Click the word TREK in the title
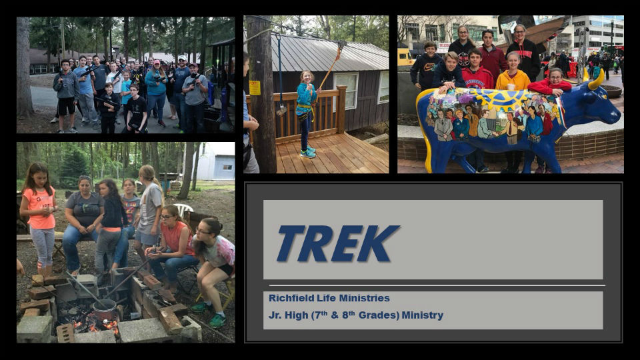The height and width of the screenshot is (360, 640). [337, 244]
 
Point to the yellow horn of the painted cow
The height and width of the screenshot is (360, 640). [595, 79]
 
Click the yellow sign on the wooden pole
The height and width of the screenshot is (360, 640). [255, 88]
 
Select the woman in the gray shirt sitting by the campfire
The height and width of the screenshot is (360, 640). [83, 225]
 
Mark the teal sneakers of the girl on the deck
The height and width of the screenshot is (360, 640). [307, 152]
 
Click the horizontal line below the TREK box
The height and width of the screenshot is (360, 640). [437, 285]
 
